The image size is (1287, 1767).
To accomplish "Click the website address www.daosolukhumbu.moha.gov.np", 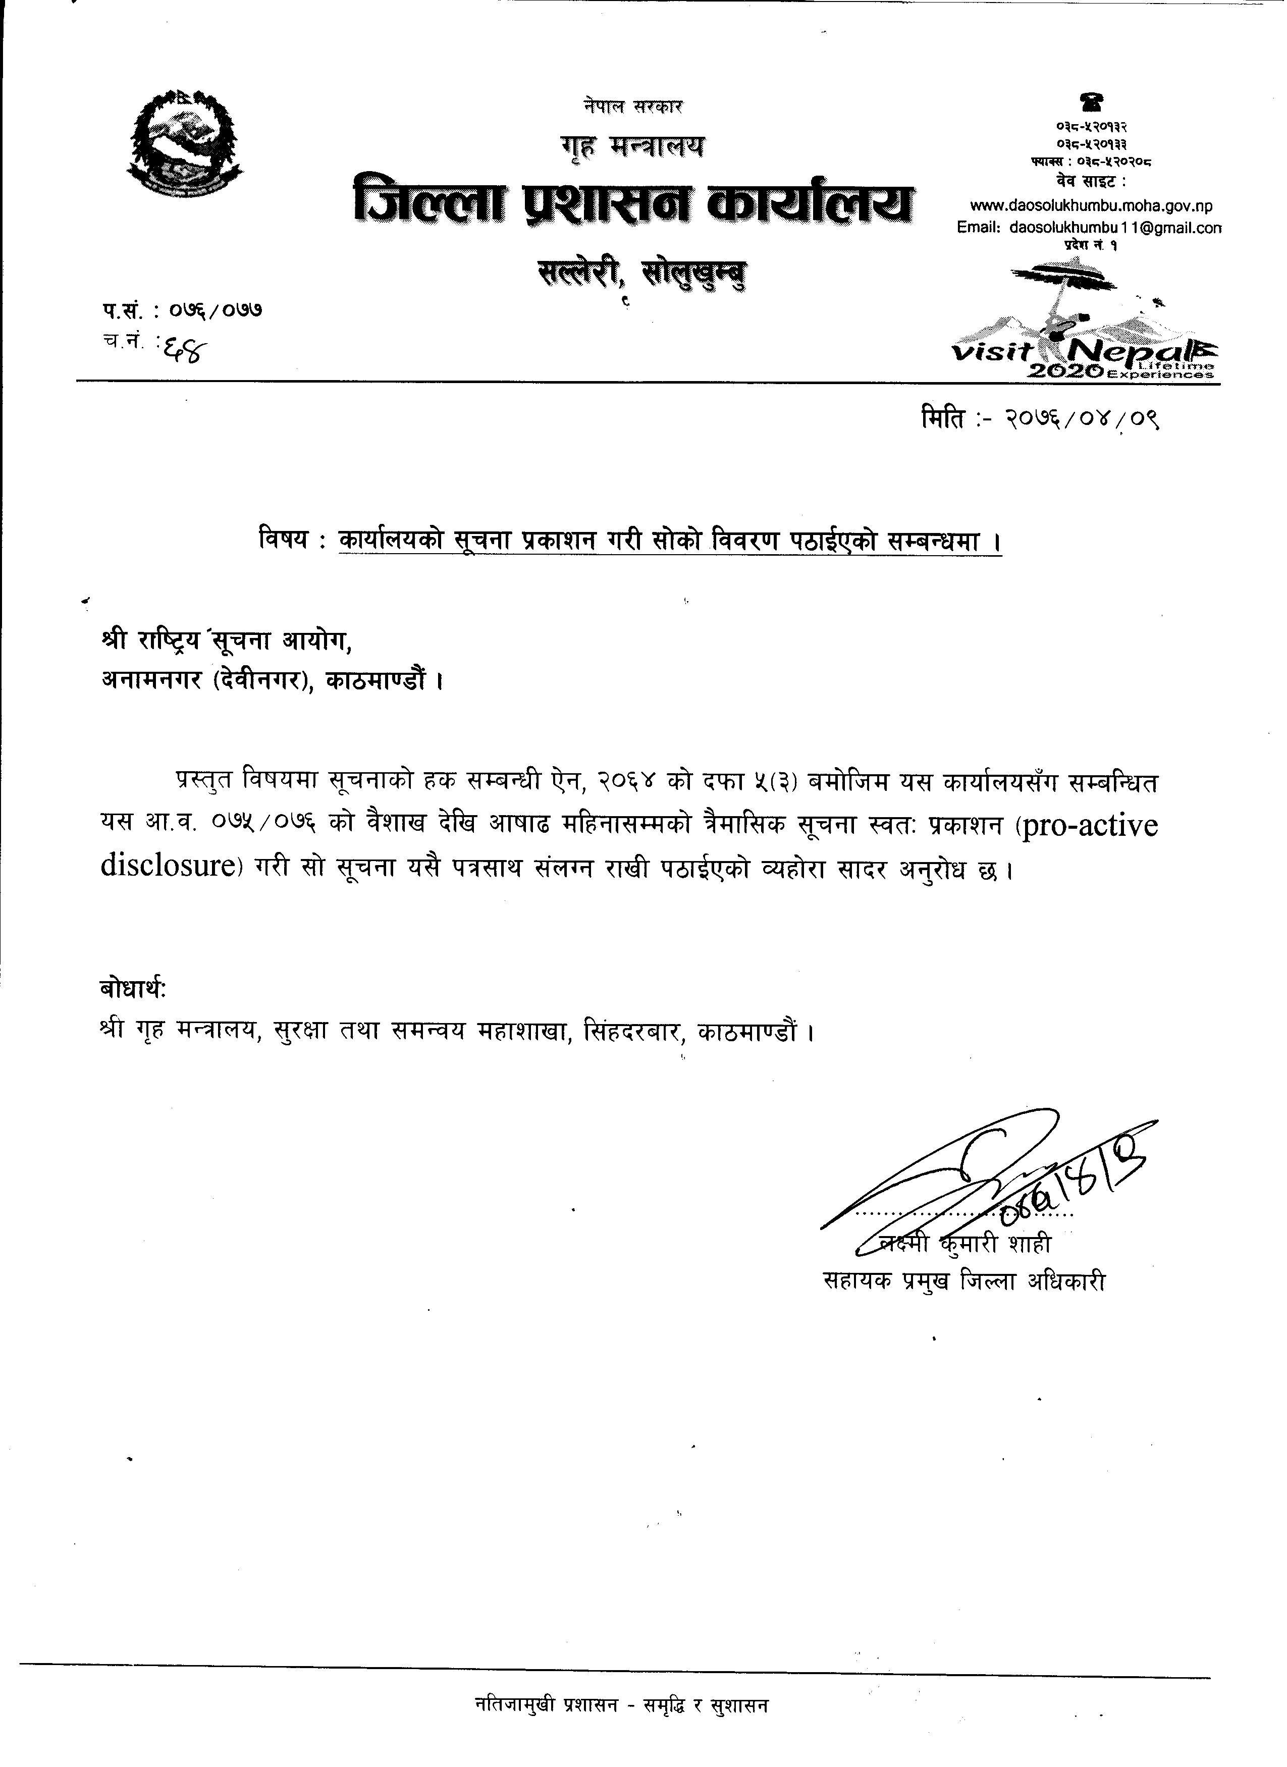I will (x=1091, y=206).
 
